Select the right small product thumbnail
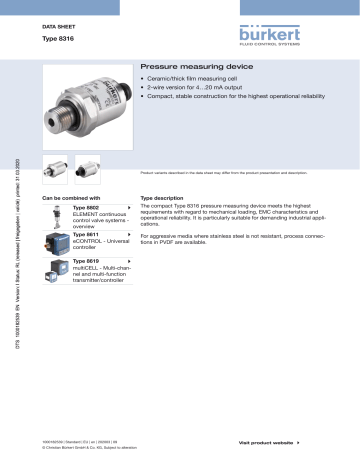point(88,166)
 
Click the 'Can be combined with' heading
point(72,199)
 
